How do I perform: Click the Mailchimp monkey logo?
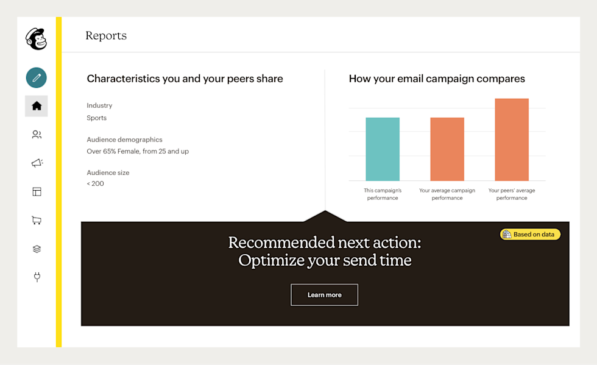[36, 39]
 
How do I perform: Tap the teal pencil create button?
[36, 77]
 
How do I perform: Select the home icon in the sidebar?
[37, 106]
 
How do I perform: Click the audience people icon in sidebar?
[37, 135]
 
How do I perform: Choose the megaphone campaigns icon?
[37, 163]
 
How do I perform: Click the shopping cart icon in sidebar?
[37, 220]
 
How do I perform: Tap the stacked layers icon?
[37, 249]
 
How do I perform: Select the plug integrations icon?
[37, 277]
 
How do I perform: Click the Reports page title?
[106, 35]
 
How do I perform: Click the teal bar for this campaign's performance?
[383, 149]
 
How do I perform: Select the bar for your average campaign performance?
[447, 149]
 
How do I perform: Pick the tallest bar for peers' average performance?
[512, 140]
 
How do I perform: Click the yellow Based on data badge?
[530, 234]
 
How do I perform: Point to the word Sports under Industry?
[96, 118]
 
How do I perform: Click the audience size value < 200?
[95, 183]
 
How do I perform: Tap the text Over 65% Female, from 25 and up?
[138, 151]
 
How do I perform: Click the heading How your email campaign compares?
[437, 79]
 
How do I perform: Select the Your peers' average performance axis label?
[512, 194]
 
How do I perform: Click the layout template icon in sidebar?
[37, 191]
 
